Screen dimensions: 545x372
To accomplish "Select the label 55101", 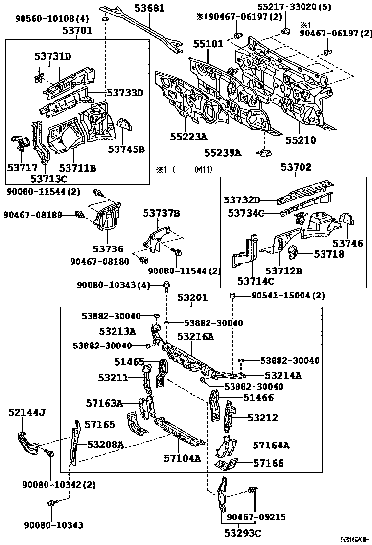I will pos(208,44).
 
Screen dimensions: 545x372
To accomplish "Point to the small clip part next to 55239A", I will pos(264,153).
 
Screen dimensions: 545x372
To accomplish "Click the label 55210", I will pos(301,140).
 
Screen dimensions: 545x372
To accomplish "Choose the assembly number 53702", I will pos(296,167).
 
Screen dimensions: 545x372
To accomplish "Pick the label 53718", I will pos(329,254).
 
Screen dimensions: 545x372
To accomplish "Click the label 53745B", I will pos(126,149).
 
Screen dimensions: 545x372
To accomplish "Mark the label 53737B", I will pos(162,213).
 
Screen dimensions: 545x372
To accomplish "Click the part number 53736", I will pos(108,249).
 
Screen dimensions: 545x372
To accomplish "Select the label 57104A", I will pos(183,458).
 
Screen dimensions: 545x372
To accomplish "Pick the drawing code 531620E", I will pos(354,539).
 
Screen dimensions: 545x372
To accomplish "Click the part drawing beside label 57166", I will pos(227,464).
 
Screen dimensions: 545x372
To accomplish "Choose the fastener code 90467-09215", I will pos(256,517).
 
